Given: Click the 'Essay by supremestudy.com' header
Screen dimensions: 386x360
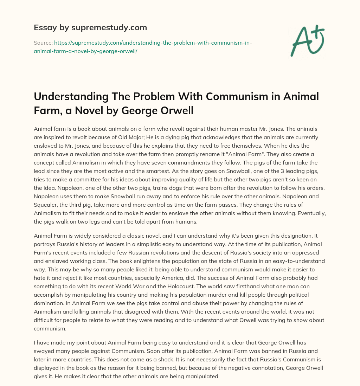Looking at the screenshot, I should point(90,27).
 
